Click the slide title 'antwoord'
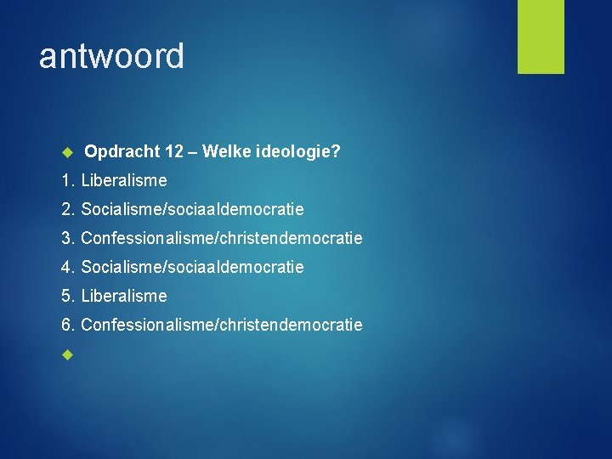(111, 56)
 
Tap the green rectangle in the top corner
(541, 37)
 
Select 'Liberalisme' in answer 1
(124, 180)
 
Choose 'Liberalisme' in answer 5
(124, 296)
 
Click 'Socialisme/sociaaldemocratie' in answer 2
(192, 209)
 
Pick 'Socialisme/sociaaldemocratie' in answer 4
(192, 267)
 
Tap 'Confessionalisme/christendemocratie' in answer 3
(222, 238)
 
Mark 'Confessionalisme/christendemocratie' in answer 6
(222, 325)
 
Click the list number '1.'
(68, 180)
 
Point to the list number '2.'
(68, 209)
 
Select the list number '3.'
(68, 238)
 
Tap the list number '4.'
(68, 267)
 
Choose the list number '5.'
(68, 296)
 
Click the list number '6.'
(68, 325)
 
